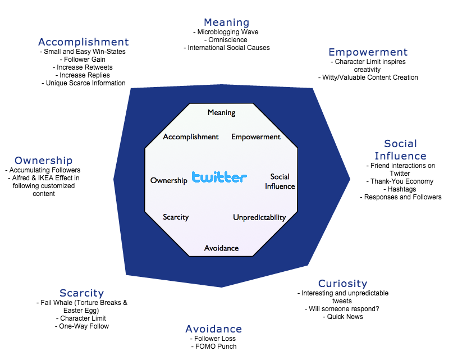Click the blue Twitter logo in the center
click(x=219, y=177)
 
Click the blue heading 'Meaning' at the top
click(x=226, y=22)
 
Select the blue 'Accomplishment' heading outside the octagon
click(x=84, y=42)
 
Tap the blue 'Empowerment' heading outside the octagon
click(x=368, y=52)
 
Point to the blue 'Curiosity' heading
click(x=342, y=284)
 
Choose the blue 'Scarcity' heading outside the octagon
click(x=82, y=293)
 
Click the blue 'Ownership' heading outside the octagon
click(x=44, y=161)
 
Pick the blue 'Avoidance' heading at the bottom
click(x=214, y=329)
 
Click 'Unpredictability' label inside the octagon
click(x=259, y=217)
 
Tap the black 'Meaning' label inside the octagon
click(x=221, y=112)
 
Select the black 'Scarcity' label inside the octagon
click(x=176, y=217)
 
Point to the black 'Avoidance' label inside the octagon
click(x=221, y=248)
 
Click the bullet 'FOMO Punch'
click(x=214, y=347)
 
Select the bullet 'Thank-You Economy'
click(x=401, y=181)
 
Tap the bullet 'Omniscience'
click(x=227, y=40)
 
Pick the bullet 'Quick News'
click(x=342, y=317)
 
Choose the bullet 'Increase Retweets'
click(x=83, y=67)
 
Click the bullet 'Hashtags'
click(x=401, y=189)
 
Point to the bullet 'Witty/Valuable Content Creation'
click(x=368, y=78)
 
